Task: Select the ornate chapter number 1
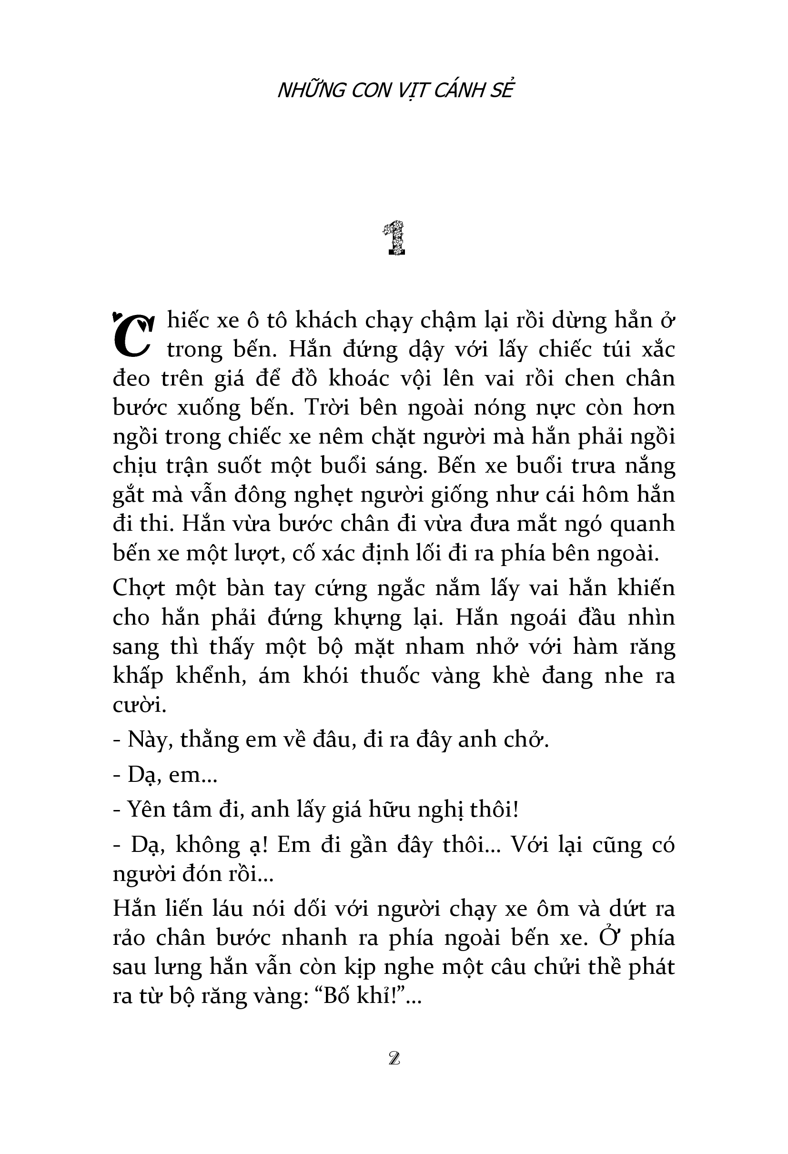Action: click(x=394, y=239)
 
